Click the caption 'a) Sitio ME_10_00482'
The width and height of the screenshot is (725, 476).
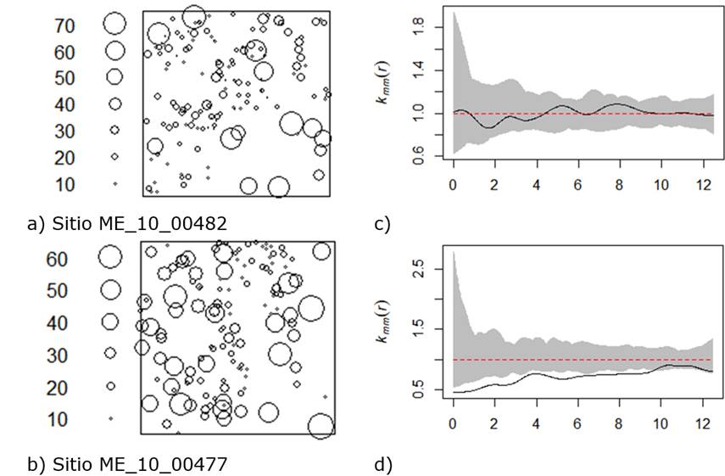click(x=126, y=224)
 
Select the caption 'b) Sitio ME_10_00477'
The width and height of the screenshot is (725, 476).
click(x=126, y=464)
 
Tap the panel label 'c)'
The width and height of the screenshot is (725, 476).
click(x=382, y=224)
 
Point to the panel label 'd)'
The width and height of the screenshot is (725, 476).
click(x=382, y=464)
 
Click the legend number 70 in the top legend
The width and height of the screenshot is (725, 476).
click(x=64, y=25)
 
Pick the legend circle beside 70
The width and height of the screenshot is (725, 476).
click(x=114, y=24)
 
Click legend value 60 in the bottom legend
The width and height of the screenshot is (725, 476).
click(x=58, y=259)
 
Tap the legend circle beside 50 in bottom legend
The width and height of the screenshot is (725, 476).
click(x=110, y=290)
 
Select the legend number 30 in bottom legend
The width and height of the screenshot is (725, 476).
click(x=58, y=355)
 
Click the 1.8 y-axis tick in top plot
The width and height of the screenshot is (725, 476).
click(x=417, y=27)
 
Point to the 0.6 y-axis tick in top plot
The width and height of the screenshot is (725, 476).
click(x=417, y=156)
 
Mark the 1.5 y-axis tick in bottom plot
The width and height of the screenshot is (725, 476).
click(x=417, y=329)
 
